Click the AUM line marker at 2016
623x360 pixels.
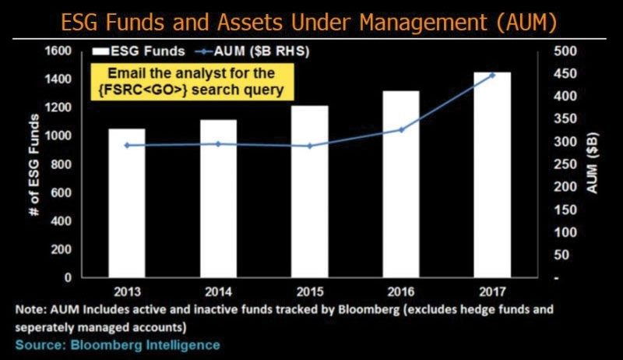click(x=402, y=129)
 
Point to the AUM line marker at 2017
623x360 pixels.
click(x=492, y=75)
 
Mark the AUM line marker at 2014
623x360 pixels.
click(x=219, y=143)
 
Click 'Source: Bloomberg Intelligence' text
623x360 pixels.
click(x=118, y=344)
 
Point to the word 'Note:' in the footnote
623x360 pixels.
click(x=30, y=309)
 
